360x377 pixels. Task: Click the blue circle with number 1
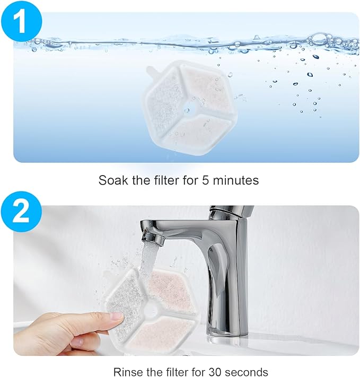tap(21, 21)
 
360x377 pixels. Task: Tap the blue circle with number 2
tap(21, 212)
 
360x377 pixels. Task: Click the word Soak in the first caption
tap(113, 180)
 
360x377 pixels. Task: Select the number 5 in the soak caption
tap(205, 180)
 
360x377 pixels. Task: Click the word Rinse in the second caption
tap(128, 372)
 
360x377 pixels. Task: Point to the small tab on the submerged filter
tap(151, 72)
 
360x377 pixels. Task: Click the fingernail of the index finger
tap(117, 317)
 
